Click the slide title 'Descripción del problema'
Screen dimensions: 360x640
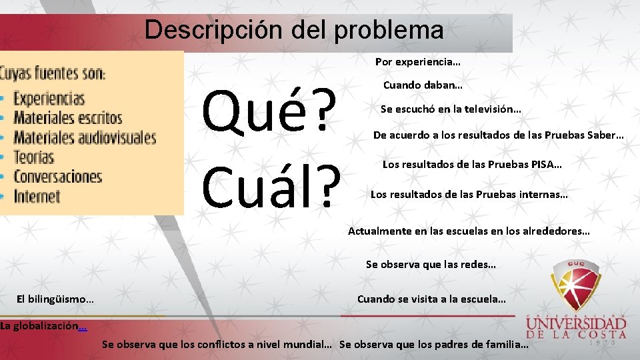tap(293, 30)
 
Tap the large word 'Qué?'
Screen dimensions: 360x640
tap(269, 111)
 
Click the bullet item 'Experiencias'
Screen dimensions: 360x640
tap(49, 99)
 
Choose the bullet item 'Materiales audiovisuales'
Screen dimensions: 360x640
tap(85, 138)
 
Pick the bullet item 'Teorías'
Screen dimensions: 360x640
tap(33, 157)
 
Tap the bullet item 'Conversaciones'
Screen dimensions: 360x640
tap(58, 177)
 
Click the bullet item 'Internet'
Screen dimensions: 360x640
tap(37, 196)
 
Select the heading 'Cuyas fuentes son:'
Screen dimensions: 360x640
tap(53, 72)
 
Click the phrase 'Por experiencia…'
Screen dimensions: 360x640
tap(417, 62)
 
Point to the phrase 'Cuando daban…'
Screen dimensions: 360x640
tap(423, 85)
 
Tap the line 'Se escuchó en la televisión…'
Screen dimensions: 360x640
tap(451, 109)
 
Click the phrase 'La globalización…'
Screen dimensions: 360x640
tap(43, 326)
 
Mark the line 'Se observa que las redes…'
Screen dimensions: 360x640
tap(431, 265)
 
